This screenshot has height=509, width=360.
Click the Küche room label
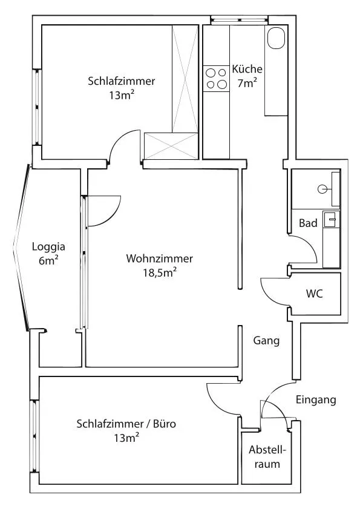coord(247,69)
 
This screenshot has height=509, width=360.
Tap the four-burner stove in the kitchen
coord(217,79)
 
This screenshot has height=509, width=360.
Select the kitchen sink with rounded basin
coord(276,38)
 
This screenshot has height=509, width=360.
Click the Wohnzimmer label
coord(159,258)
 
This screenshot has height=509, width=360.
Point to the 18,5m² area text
coord(160,273)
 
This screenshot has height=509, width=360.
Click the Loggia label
coord(48,247)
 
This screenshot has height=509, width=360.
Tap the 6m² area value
coord(48,260)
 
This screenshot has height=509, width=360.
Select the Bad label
coord(308,223)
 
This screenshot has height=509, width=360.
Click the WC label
coord(315,294)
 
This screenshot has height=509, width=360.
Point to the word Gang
coord(266,341)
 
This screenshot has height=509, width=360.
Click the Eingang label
coord(315,400)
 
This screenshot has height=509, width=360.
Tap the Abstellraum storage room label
coord(267,457)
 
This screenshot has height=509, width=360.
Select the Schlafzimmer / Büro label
coord(126,424)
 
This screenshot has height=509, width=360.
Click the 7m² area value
coord(247,84)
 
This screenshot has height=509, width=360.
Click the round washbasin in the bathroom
coord(322,189)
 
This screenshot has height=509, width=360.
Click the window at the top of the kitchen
coord(240,20)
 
